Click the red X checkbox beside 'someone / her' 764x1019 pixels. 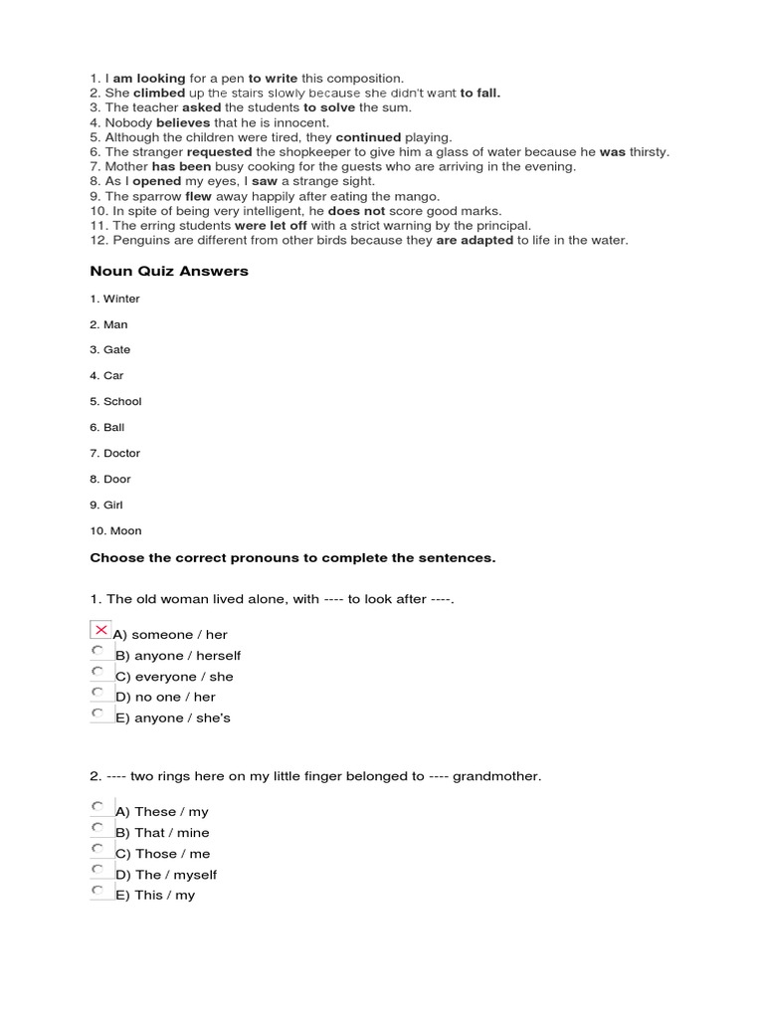(x=100, y=630)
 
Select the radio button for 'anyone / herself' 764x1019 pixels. (x=97, y=651)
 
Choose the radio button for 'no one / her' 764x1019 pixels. (x=97, y=693)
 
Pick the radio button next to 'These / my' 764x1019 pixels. (x=97, y=807)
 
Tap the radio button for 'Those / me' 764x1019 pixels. (x=97, y=849)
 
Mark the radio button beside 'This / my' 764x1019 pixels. (x=97, y=891)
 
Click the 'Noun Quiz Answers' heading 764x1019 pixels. (x=169, y=271)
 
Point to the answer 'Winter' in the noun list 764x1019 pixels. (x=121, y=299)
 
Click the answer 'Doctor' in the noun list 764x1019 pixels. (x=121, y=453)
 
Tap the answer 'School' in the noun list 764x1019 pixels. (x=122, y=401)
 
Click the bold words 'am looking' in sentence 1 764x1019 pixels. (x=147, y=79)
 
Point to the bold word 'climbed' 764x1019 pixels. (x=159, y=93)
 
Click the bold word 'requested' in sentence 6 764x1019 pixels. (x=220, y=151)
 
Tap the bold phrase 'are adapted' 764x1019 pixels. (x=475, y=240)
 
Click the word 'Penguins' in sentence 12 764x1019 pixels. (x=139, y=240)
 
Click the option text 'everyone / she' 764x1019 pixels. (x=184, y=677)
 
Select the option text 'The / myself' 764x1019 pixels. (x=175, y=875)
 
